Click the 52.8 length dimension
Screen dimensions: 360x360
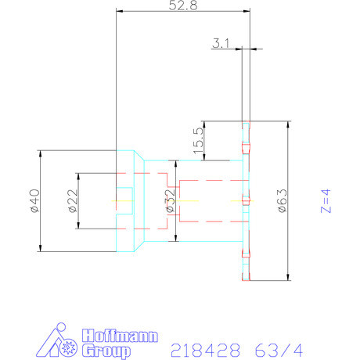click(x=183, y=5)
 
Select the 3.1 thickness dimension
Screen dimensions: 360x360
click(x=220, y=45)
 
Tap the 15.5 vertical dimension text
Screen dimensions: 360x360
click(x=197, y=141)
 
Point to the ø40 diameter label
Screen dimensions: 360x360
click(x=32, y=201)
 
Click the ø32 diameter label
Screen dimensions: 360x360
click(x=170, y=200)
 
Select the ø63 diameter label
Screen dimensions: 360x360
click(x=281, y=200)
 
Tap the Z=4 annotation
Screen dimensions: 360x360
click(x=329, y=200)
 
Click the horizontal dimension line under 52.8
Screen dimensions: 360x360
click(x=183, y=11)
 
